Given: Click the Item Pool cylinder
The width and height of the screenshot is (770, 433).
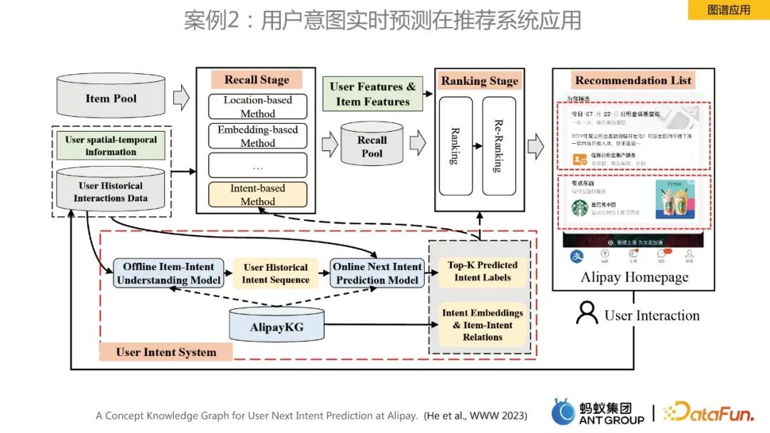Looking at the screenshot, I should [111, 98].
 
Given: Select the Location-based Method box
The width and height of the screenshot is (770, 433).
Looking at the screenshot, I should [257, 107].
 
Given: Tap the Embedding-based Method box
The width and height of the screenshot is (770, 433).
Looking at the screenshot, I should [257, 136].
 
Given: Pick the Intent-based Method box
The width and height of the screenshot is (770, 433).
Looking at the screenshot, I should [257, 194].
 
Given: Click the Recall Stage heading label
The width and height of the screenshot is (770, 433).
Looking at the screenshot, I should [257, 80].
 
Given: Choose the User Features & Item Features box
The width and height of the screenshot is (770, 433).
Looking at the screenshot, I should [372, 94].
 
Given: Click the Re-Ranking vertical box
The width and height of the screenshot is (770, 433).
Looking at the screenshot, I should [498, 146].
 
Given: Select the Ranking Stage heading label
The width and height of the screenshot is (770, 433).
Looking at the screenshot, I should [479, 80].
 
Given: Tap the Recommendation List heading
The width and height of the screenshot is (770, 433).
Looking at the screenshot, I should [633, 80].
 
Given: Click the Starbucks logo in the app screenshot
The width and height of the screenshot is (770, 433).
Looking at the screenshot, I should [579, 207].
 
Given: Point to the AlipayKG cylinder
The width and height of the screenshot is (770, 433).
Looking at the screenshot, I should [277, 326].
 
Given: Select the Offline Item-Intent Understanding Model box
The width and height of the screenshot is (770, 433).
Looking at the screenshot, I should [168, 273].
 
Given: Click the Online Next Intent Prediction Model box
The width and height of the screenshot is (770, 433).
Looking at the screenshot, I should [377, 273].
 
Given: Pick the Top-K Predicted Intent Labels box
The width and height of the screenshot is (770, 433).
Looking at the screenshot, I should [483, 271].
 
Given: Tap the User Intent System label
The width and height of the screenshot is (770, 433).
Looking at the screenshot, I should [165, 352].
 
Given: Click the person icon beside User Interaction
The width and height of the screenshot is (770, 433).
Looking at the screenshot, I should [587, 313].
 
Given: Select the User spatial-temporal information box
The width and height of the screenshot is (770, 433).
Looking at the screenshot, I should [111, 145].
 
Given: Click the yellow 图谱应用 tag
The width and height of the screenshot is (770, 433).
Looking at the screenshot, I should [728, 10].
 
